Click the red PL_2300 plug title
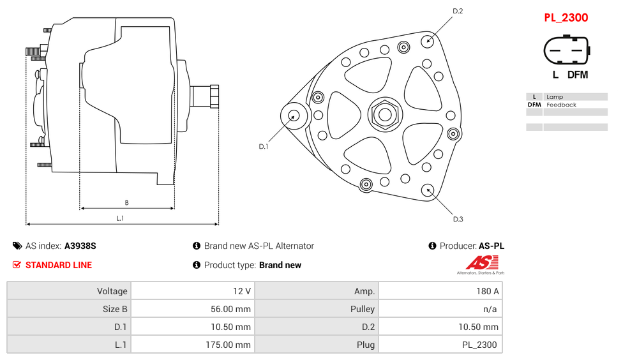click(x=566, y=17)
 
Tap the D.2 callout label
click(x=458, y=11)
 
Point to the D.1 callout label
click(x=263, y=146)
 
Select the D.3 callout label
click(x=458, y=219)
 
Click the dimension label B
click(x=126, y=203)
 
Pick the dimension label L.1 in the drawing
click(x=120, y=218)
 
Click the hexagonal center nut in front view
click(x=385, y=115)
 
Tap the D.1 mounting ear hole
click(x=294, y=116)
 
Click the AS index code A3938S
click(x=80, y=246)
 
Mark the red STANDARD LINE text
click(x=58, y=265)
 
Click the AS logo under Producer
click(x=480, y=262)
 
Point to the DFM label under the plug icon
click(x=577, y=75)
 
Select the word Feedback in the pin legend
click(x=561, y=105)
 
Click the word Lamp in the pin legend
click(x=554, y=97)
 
